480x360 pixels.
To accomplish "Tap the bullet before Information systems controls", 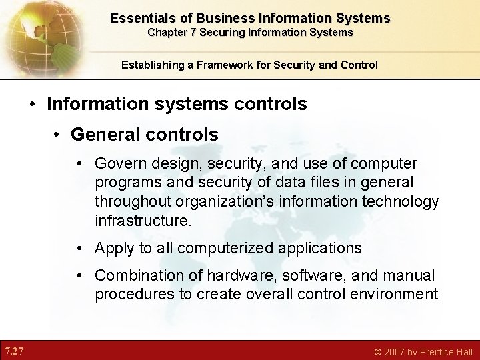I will click(33, 105).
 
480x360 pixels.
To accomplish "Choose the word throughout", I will click(131, 201).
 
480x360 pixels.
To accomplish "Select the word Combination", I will click(136, 275).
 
